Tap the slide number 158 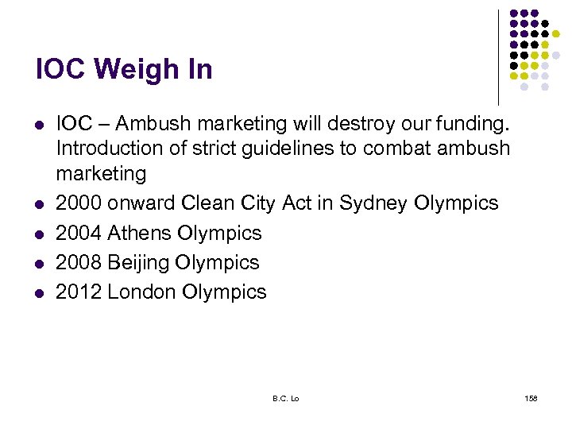tap(531, 397)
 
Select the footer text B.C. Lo tap(286, 397)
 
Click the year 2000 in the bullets tap(78, 203)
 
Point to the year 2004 tap(78, 233)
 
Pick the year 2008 tap(78, 262)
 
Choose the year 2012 tap(78, 292)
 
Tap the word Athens tap(140, 233)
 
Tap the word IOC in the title tap(60, 71)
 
